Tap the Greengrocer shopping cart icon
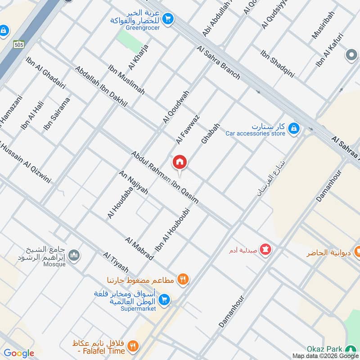(168, 18)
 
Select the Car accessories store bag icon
(293, 129)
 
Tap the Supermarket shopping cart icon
(165, 299)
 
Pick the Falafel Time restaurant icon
(133, 346)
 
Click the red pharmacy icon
(265, 249)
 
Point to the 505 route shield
(18, 44)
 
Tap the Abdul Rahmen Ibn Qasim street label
(165, 177)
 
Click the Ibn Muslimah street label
(126, 80)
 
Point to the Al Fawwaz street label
(188, 129)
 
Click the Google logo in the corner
(19, 353)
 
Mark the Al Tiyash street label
(116, 263)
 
